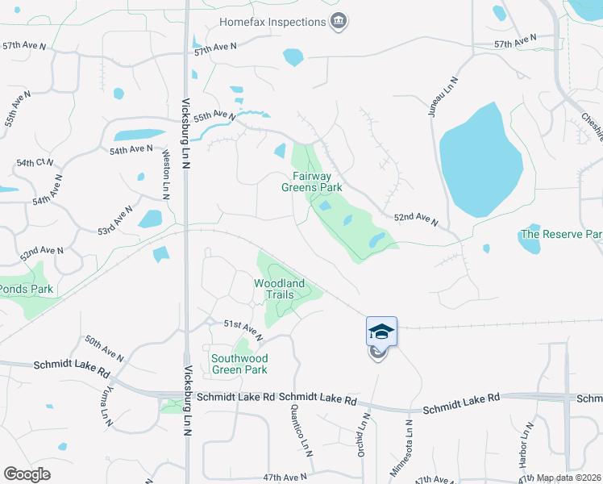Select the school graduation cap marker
pos(381,332)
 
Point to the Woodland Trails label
pos(279,289)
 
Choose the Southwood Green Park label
pos(239,364)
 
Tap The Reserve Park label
pos(561,235)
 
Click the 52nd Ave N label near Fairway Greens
pos(415,219)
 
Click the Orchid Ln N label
pos(364,436)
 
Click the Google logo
pos(27,474)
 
